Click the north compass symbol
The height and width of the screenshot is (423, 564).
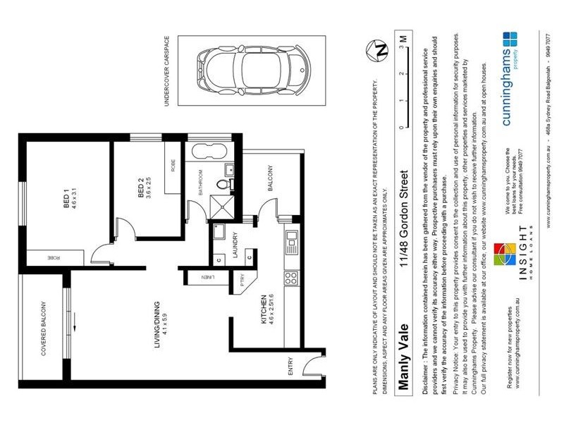pos(381,51)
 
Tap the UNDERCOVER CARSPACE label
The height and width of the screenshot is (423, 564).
pos(168,71)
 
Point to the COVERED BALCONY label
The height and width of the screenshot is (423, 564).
pos(43,329)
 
